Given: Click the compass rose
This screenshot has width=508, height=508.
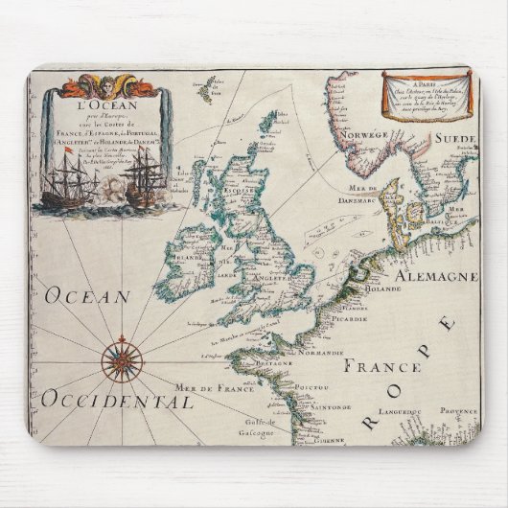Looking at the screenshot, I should click(x=122, y=360).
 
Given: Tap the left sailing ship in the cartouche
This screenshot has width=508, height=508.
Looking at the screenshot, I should click(x=64, y=182).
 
